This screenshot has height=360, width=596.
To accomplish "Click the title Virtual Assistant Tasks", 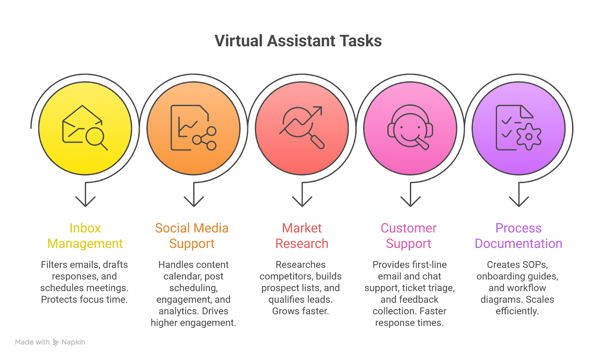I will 298,41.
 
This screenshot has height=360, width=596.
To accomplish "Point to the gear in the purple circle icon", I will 529,137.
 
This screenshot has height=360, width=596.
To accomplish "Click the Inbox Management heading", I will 85,236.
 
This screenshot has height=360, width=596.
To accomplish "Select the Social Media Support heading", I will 192,236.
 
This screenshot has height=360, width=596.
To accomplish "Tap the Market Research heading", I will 302,236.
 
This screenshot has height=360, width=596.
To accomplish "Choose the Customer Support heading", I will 409,236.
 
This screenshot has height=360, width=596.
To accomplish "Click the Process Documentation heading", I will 519,236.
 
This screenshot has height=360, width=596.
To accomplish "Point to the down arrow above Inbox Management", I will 86,199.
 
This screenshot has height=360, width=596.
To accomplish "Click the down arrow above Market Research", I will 302,199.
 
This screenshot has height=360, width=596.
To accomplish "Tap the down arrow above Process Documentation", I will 519,199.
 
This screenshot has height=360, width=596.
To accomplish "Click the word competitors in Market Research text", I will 286,276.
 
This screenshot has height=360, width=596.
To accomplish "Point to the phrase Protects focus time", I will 84,299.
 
